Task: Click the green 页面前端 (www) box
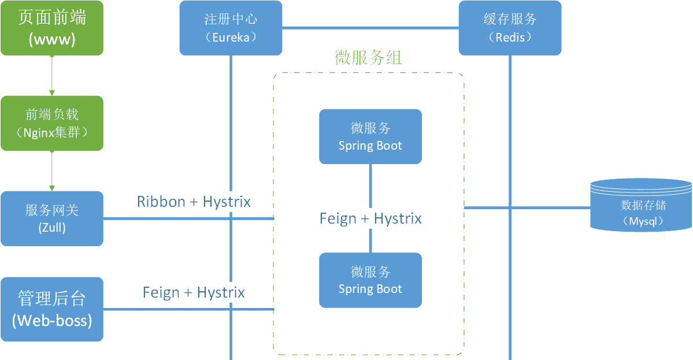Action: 52,28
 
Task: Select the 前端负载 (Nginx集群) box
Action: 52,123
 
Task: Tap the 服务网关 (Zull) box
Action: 52,218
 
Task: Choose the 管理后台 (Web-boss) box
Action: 52,309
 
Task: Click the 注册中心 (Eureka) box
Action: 231,28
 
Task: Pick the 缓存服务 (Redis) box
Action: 510,28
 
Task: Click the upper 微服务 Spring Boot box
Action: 370,136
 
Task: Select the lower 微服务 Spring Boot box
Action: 370,280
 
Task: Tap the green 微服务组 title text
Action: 368,58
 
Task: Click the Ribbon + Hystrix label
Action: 194,202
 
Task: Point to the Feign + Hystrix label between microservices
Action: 370,218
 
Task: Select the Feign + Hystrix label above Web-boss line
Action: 194,292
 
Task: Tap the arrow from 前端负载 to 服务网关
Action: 52,171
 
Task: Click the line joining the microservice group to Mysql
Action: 526,207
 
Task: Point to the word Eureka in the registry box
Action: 231,38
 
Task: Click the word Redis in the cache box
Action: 510,38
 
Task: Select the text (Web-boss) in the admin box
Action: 52,320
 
